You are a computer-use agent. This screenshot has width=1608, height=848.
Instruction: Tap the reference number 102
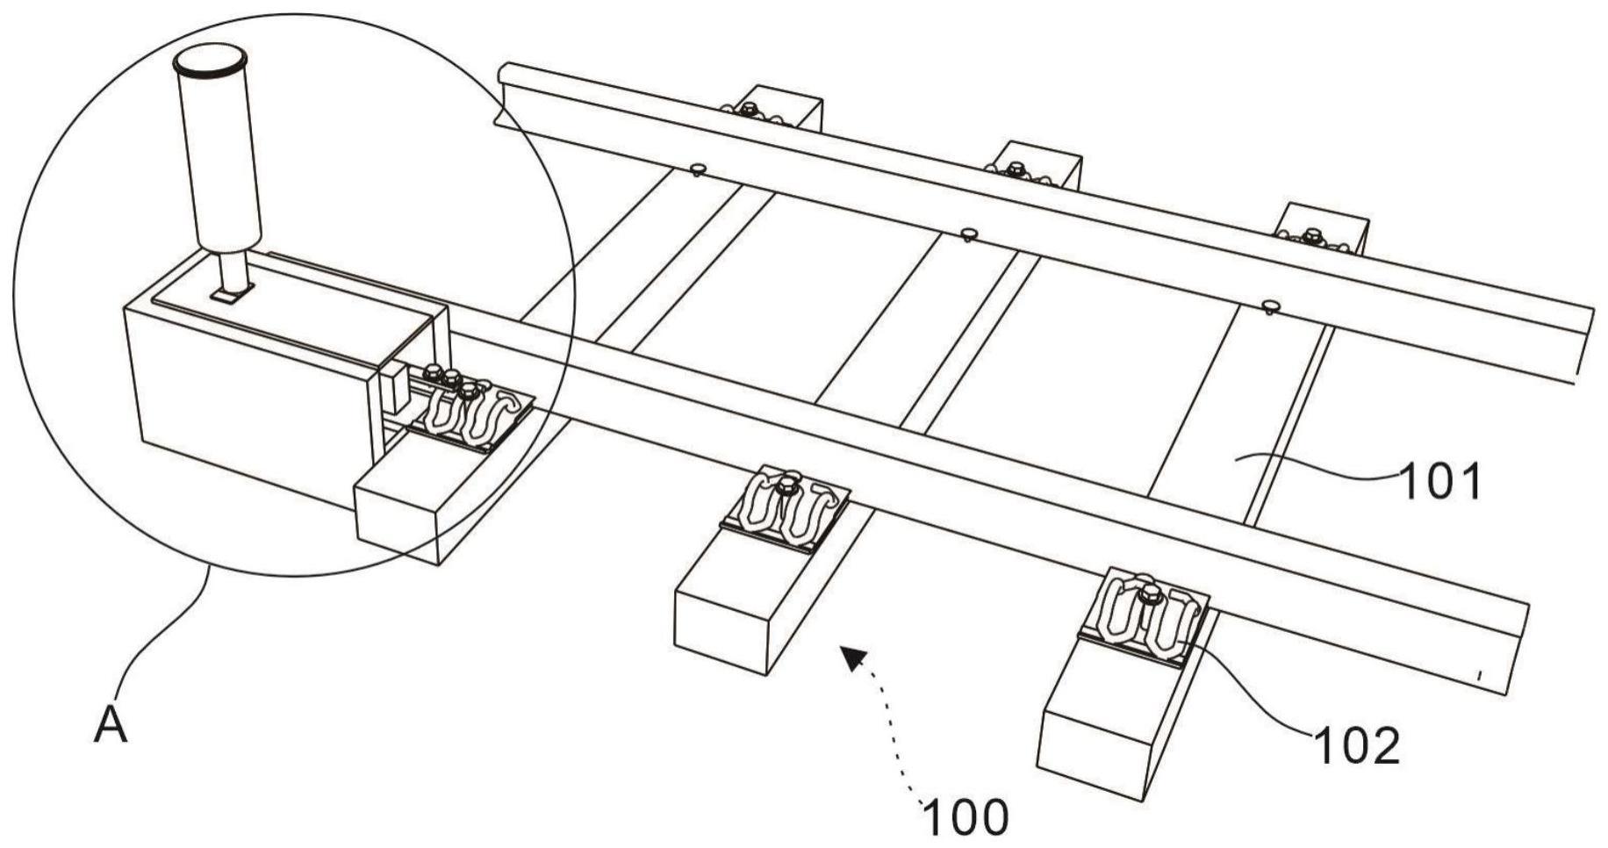[x=1356, y=747]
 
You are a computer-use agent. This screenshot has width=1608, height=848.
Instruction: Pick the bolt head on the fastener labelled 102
[x=1149, y=594]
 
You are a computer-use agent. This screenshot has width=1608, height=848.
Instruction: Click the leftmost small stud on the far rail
[x=699, y=169]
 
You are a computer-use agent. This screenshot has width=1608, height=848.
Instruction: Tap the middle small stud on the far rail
[x=968, y=234]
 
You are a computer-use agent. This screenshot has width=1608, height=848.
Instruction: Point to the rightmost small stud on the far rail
[x=1271, y=305]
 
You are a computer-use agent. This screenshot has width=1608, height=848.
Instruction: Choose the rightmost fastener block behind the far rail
[x=1323, y=230]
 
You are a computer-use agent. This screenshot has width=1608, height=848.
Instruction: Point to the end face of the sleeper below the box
[x=396, y=518]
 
